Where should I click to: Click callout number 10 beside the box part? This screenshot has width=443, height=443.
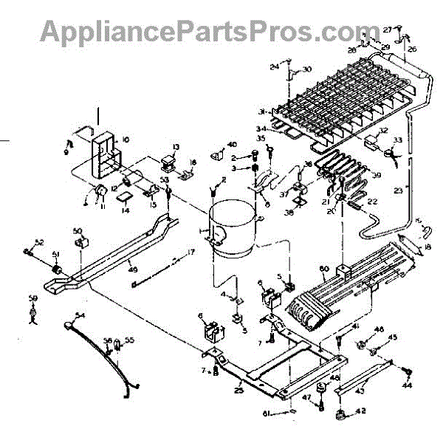(126, 139)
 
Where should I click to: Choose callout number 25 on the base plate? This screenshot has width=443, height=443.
(238, 388)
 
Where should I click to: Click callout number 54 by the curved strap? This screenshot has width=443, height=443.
(80, 315)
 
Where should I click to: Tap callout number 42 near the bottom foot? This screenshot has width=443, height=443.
(361, 412)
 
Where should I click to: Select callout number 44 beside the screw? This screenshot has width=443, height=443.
(407, 385)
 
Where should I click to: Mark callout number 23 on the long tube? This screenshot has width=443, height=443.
(399, 190)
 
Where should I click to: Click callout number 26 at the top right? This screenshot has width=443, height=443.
(412, 49)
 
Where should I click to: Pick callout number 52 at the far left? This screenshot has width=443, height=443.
(39, 242)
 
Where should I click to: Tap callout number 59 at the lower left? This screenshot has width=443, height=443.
(32, 298)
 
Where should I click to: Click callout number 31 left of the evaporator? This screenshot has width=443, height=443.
(262, 111)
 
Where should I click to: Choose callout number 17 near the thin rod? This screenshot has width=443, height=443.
(190, 253)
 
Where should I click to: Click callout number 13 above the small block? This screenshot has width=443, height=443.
(176, 147)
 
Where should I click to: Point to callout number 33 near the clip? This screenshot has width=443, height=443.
(397, 140)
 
